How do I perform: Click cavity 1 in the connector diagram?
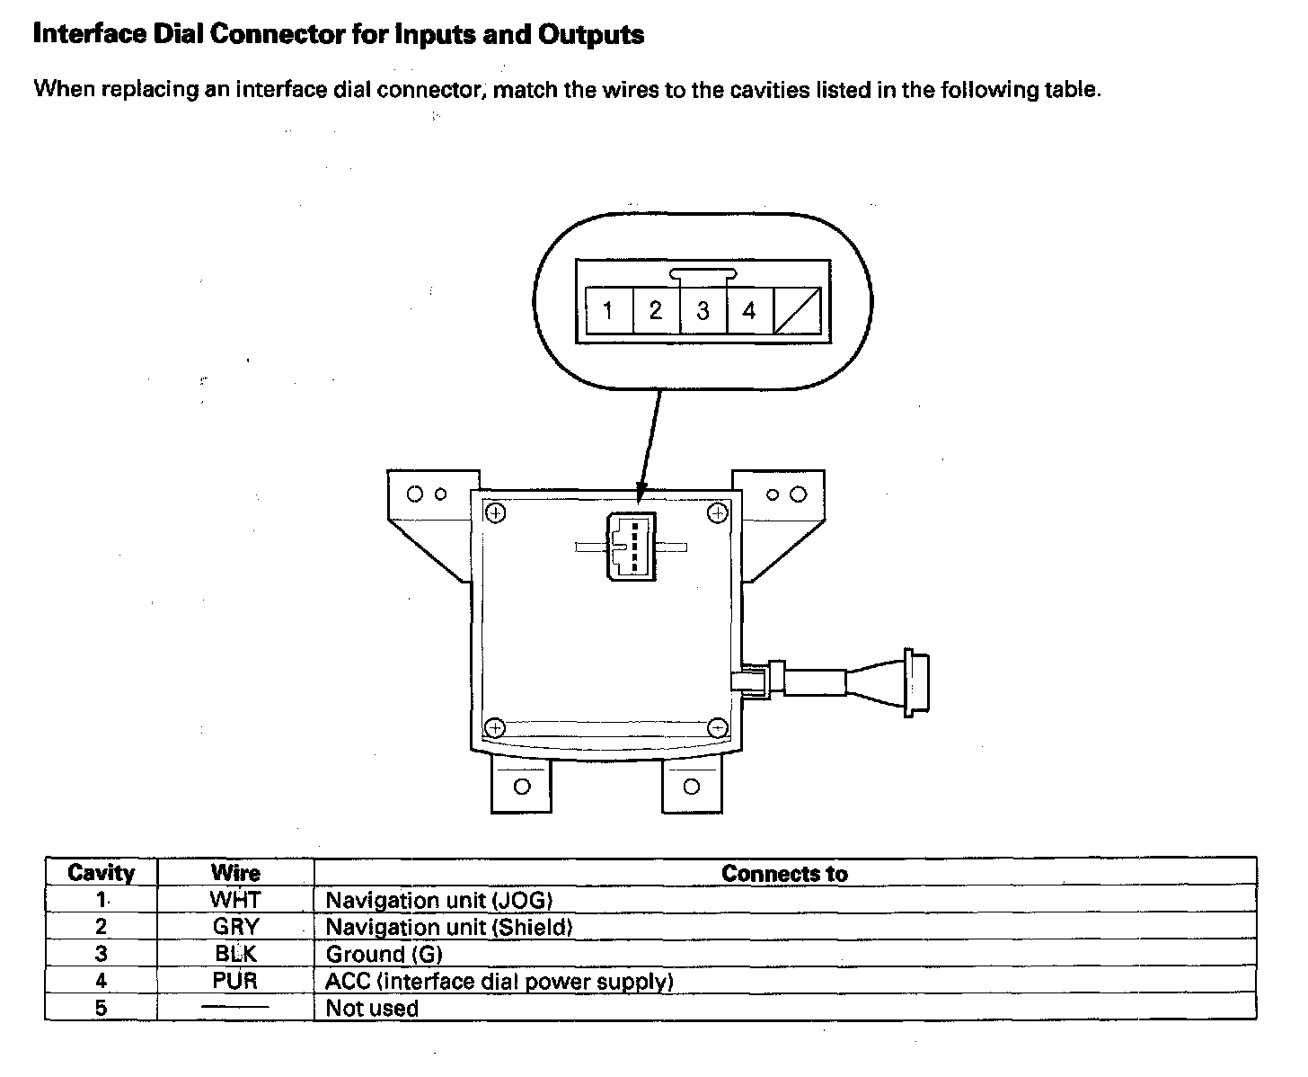click(x=608, y=311)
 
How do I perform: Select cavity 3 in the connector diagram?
click(x=703, y=311)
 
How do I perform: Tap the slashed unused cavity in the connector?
click(x=797, y=311)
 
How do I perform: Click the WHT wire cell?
click(x=235, y=900)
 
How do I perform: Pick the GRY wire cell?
click(x=235, y=927)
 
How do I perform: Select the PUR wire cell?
click(x=235, y=981)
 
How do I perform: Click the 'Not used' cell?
click(x=372, y=1008)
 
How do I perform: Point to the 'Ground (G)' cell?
click(x=384, y=954)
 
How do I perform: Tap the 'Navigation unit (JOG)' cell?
click(x=438, y=900)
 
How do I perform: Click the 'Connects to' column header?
click(x=784, y=873)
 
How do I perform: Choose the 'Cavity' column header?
click(x=102, y=873)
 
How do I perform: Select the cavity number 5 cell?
click(x=102, y=1008)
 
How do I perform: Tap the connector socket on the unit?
click(x=632, y=546)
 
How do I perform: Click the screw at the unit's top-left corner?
click(x=495, y=513)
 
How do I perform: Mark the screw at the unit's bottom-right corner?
click(x=717, y=727)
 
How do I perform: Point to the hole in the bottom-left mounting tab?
click(x=521, y=787)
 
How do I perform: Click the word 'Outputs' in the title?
click(x=591, y=35)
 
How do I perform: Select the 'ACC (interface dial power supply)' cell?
click(x=499, y=981)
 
